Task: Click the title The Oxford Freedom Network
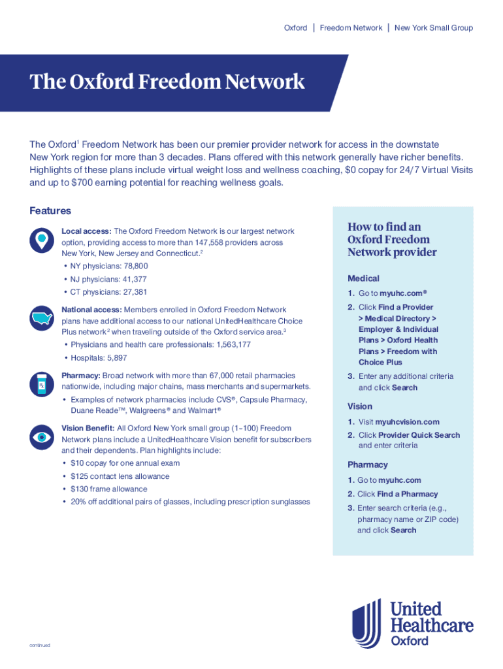(167, 82)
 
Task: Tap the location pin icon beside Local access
(42, 240)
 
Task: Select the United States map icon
(42, 318)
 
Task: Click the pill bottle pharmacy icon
(42, 383)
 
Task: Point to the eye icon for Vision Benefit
(42, 436)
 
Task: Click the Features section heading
(50, 211)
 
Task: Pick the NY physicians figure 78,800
(134, 266)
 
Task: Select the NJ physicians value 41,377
(133, 279)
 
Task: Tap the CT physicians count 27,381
(133, 292)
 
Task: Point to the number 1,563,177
(227, 344)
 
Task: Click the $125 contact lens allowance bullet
(120, 476)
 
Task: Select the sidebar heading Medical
(363, 278)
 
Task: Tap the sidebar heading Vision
(360, 406)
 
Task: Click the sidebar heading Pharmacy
(368, 465)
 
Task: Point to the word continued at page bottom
(40, 645)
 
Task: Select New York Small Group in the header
(434, 28)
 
